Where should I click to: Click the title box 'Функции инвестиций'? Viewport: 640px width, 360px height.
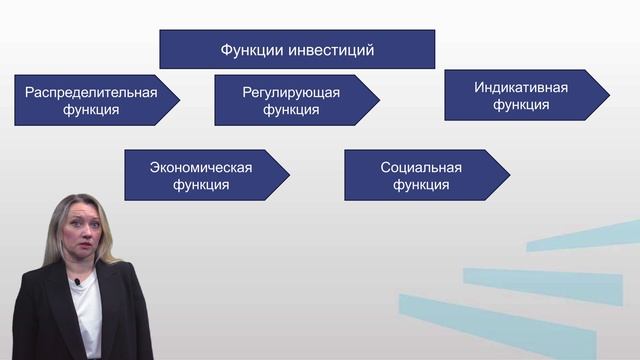pyautogui.click(x=297, y=49)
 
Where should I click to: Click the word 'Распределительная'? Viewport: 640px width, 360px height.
pyautogui.click(x=91, y=93)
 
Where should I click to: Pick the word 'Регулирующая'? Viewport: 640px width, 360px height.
pyautogui.click(x=291, y=93)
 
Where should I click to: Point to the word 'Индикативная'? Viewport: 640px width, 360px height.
pyautogui.click(x=521, y=87)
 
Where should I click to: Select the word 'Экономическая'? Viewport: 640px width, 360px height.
pyautogui.click(x=200, y=167)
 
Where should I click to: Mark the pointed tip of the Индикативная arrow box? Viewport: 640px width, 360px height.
pyautogui.click(x=608, y=95)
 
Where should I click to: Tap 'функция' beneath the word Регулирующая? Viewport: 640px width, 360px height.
pyautogui.click(x=291, y=110)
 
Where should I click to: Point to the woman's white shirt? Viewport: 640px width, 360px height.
pyautogui.click(x=88, y=320)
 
